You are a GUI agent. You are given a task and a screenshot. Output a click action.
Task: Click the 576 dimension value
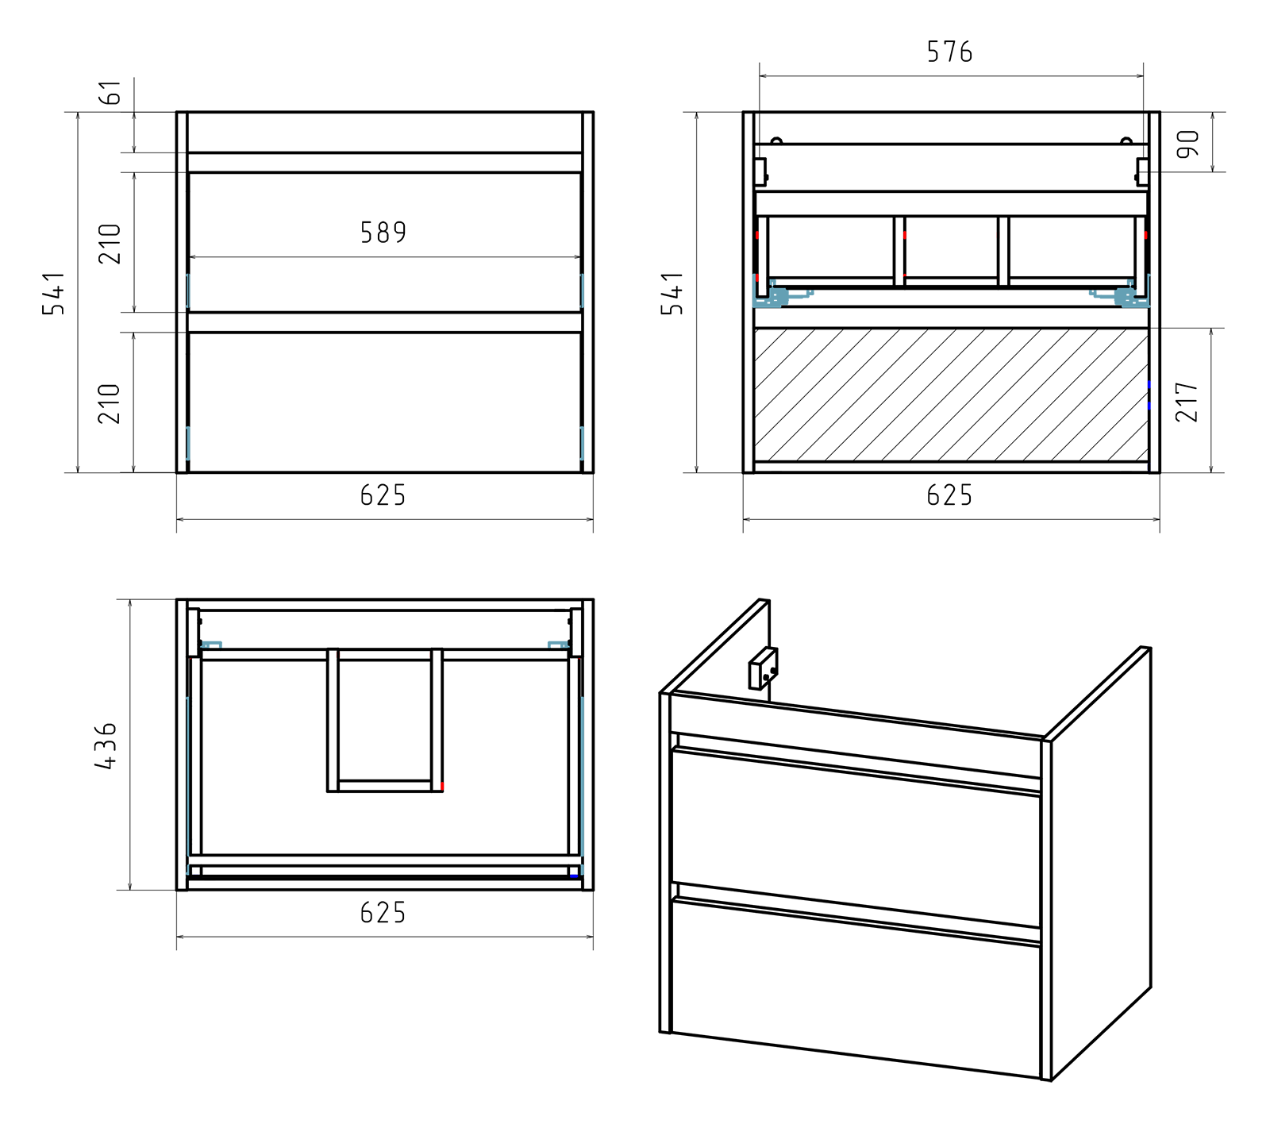tap(949, 52)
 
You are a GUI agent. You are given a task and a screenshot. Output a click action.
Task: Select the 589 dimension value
tap(383, 233)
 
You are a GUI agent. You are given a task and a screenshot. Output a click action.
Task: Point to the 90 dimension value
tap(1188, 143)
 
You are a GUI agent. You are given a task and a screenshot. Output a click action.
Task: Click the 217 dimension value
tap(1188, 401)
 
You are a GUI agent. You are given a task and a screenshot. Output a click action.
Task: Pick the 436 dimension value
tap(106, 745)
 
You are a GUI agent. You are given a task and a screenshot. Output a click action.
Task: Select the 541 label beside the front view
tap(53, 293)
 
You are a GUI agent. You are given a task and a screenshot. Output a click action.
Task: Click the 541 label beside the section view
tap(672, 293)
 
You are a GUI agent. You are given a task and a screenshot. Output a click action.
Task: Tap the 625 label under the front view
tap(383, 495)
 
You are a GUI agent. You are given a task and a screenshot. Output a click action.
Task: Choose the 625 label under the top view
tap(383, 913)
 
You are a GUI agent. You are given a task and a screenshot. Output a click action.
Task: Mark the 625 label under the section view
tap(949, 495)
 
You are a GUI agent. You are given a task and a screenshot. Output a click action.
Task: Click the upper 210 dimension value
tap(110, 244)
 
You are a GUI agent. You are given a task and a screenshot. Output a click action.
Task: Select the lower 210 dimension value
tap(110, 403)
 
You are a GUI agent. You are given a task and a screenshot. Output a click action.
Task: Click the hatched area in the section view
tap(951, 394)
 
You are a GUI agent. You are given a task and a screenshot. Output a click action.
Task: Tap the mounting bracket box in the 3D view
tap(763, 668)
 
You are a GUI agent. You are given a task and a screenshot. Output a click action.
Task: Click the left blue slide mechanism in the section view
tap(772, 294)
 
